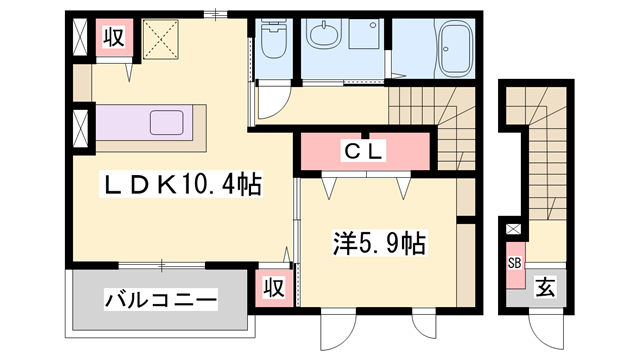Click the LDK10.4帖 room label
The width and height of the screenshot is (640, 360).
click(x=181, y=185)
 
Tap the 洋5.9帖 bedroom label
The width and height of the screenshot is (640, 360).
click(x=379, y=244)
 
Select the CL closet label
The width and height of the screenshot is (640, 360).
click(x=363, y=151)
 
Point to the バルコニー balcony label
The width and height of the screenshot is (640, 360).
click(x=160, y=300)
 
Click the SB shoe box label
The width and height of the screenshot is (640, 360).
click(x=515, y=263)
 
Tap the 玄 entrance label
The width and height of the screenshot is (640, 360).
click(x=545, y=287)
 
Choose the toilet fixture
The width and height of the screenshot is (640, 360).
click(x=274, y=38)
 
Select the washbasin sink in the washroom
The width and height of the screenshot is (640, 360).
click(x=324, y=35)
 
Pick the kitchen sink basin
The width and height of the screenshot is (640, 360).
click(x=167, y=122)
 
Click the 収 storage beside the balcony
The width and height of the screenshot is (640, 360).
click(x=274, y=288)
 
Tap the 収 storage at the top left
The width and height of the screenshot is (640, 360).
click(x=114, y=38)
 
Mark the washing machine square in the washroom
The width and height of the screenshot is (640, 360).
click(x=364, y=34)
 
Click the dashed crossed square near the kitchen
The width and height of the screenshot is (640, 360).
click(x=161, y=39)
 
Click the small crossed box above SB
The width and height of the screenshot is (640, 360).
click(x=513, y=229)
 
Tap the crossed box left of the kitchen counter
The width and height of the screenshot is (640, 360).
click(x=80, y=129)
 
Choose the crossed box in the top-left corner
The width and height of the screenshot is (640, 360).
click(x=80, y=38)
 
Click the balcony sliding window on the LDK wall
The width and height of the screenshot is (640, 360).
click(x=162, y=266)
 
